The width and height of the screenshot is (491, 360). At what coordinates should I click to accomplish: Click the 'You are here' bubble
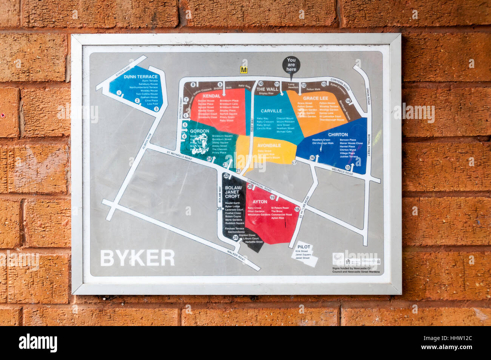(x=291, y=65)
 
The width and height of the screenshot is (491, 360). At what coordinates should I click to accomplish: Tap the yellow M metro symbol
(x=244, y=70)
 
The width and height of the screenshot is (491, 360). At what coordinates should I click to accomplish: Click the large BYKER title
(x=137, y=258)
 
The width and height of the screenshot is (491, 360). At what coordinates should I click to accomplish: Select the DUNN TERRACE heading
(x=141, y=77)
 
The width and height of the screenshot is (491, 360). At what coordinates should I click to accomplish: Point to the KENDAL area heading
(x=212, y=96)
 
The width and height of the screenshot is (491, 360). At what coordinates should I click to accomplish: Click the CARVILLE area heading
(x=271, y=111)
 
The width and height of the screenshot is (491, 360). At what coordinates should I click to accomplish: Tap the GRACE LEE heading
(x=313, y=98)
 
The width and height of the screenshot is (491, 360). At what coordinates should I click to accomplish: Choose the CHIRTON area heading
(x=338, y=134)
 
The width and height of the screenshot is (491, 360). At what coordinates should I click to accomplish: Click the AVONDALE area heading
(x=269, y=145)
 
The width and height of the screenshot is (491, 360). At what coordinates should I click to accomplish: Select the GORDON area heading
(x=199, y=131)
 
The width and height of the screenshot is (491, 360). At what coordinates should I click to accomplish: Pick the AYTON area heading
(x=260, y=202)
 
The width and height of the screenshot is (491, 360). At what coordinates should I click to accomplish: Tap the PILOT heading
(x=303, y=247)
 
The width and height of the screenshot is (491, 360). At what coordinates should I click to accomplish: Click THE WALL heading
(x=267, y=90)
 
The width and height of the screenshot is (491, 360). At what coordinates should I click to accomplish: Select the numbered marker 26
(x=235, y=237)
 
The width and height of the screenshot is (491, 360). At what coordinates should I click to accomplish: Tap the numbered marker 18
(x=297, y=209)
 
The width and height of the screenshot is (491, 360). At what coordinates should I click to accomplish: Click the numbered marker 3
(x=156, y=109)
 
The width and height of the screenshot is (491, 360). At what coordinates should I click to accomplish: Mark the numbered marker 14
(x=348, y=101)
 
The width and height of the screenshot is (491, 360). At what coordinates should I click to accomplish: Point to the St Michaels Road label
(x=179, y=156)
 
